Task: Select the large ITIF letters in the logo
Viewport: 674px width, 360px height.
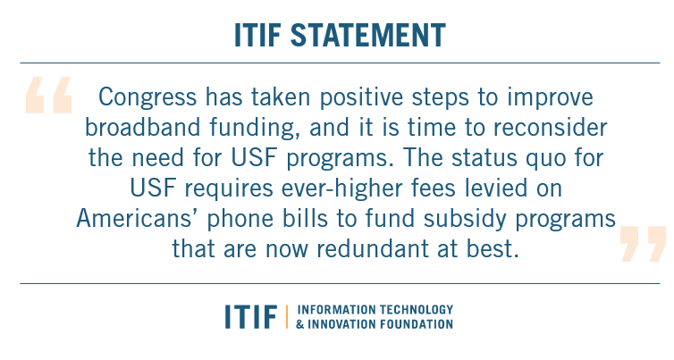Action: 251,316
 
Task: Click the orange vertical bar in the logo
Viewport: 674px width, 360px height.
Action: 287,316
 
